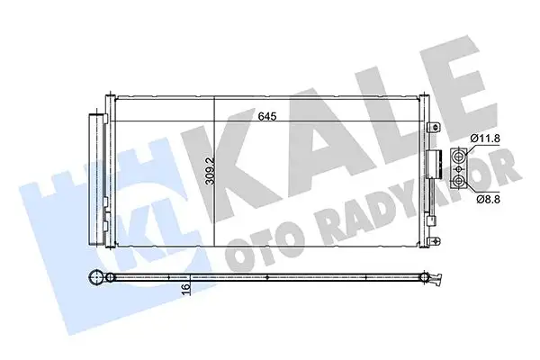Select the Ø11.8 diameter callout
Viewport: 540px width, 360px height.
pyautogui.click(x=486, y=138)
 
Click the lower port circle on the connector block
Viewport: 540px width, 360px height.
pyautogui.click(x=461, y=180)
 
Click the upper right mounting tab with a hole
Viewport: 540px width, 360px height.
pyautogui.click(x=435, y=126)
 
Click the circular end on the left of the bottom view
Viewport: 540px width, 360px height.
pyautogui.click(x=96, y=280)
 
